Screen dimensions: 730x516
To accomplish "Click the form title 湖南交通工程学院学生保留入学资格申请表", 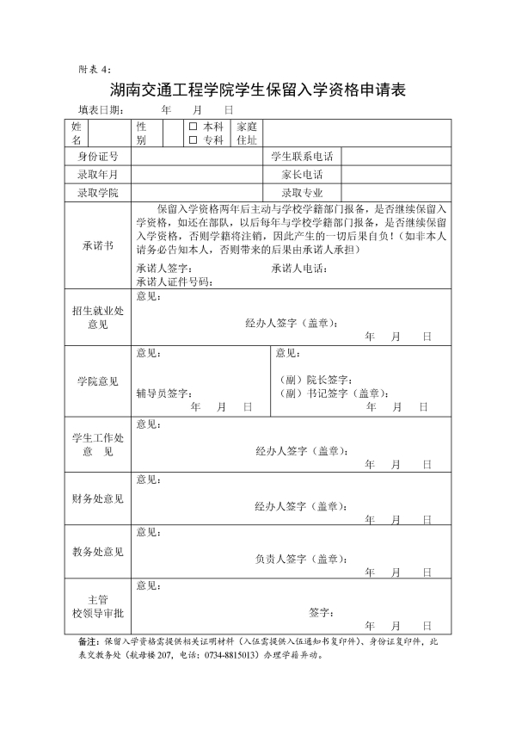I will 258,90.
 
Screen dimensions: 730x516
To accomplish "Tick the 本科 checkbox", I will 193,126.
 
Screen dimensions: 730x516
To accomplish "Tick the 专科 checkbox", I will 193,139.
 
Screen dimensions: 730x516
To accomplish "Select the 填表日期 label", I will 100,110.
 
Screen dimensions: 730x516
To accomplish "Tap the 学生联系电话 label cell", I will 302,157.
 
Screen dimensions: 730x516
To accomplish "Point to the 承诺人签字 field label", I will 163,269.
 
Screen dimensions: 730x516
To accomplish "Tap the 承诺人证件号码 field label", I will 174,281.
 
